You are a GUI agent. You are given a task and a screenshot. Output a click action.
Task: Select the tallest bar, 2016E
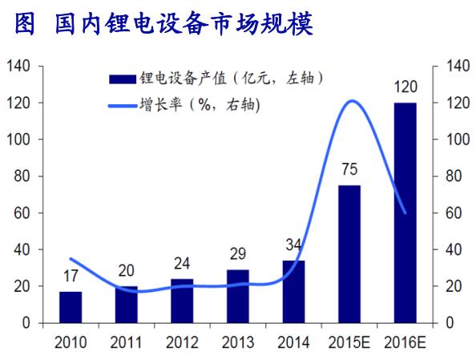(405, 212)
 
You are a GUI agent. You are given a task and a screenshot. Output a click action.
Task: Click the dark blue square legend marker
(122, 78)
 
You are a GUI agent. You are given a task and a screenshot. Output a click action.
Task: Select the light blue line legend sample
(122, 103)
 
